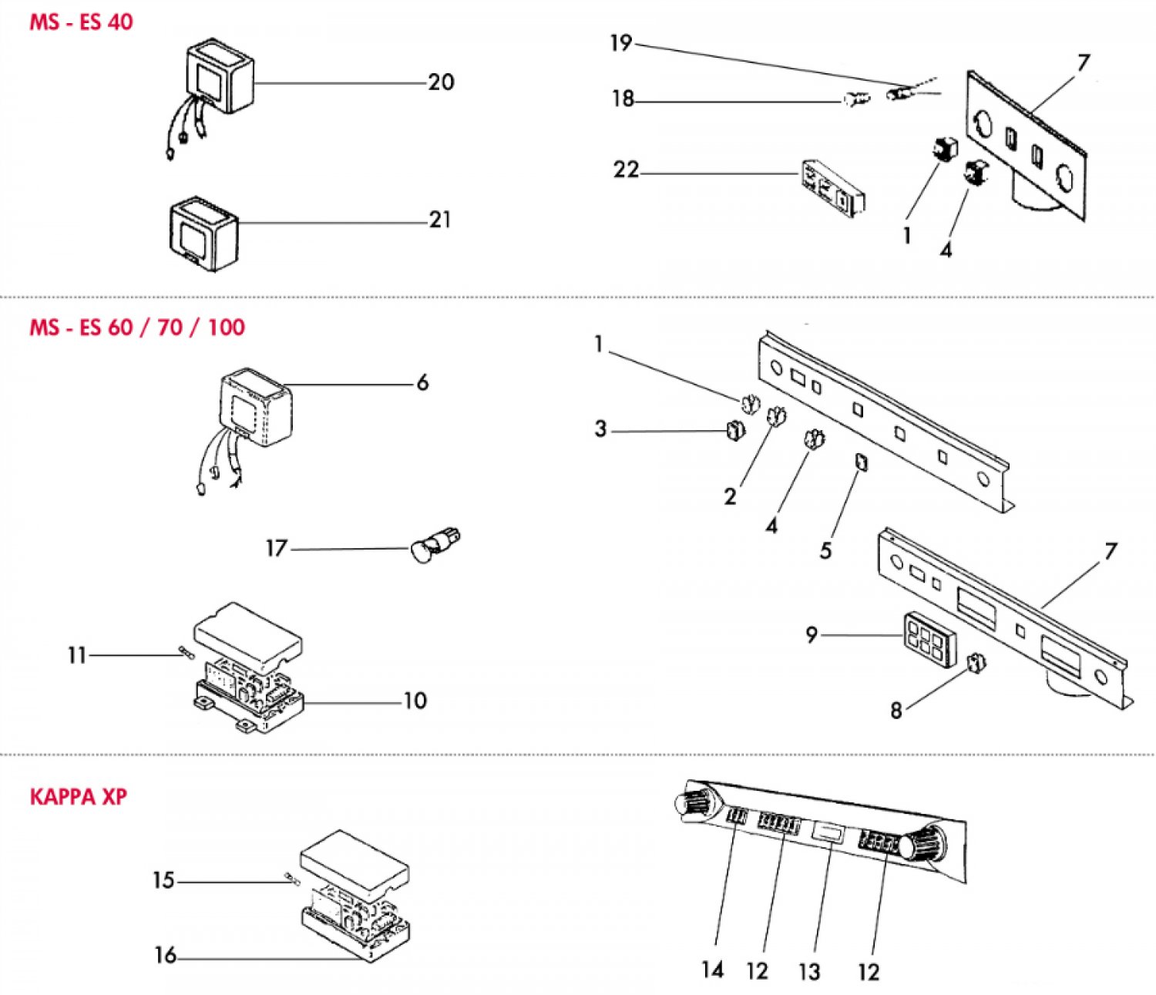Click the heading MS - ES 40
[x=81, y=22]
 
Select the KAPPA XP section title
[x=78, y=796]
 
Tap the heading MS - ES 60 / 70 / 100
[x=137, y=327]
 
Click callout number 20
[x=441, y=82]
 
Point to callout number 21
[x=439, y=220]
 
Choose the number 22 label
[x=626, y=170]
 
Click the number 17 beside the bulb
[x=276, y=548]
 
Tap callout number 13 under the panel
[x=809, y=971]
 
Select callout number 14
[x=713, y=970]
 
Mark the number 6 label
[x=422, y=382]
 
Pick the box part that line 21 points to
[x=203, y=234]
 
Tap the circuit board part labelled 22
[x=833, y=186]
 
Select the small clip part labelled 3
[x=735, y=432]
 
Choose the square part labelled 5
[x=861, y=462]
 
